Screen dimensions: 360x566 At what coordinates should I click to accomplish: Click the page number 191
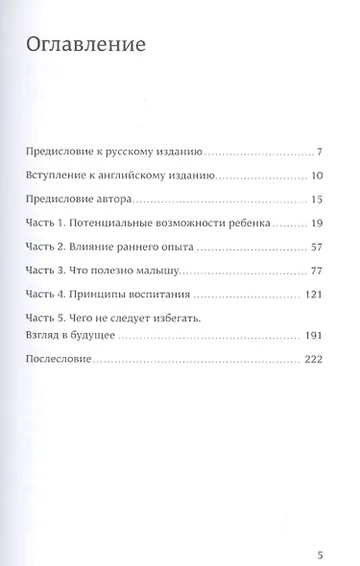tap(322, 336)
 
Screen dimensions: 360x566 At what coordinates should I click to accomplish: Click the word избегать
tap(174, 318)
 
